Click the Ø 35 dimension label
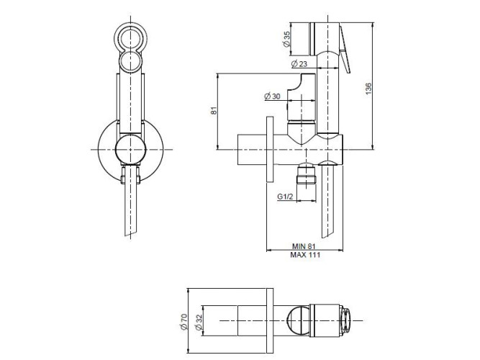point(287,39)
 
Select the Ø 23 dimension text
point(299,64)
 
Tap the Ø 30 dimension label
point(272,96)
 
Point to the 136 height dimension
point(368,89)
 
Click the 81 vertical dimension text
point(214,110)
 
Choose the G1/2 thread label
point(285,197)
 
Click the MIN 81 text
point(304,246)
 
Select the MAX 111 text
point(305,255)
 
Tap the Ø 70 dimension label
point(184,322)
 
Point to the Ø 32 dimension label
point(199,322)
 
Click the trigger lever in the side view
point(345,49)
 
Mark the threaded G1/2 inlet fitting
point(307,174)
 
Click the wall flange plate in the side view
point(270,149)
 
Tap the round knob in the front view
point(131,150)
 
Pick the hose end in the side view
point(329,201)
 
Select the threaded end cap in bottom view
point(345,321)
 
